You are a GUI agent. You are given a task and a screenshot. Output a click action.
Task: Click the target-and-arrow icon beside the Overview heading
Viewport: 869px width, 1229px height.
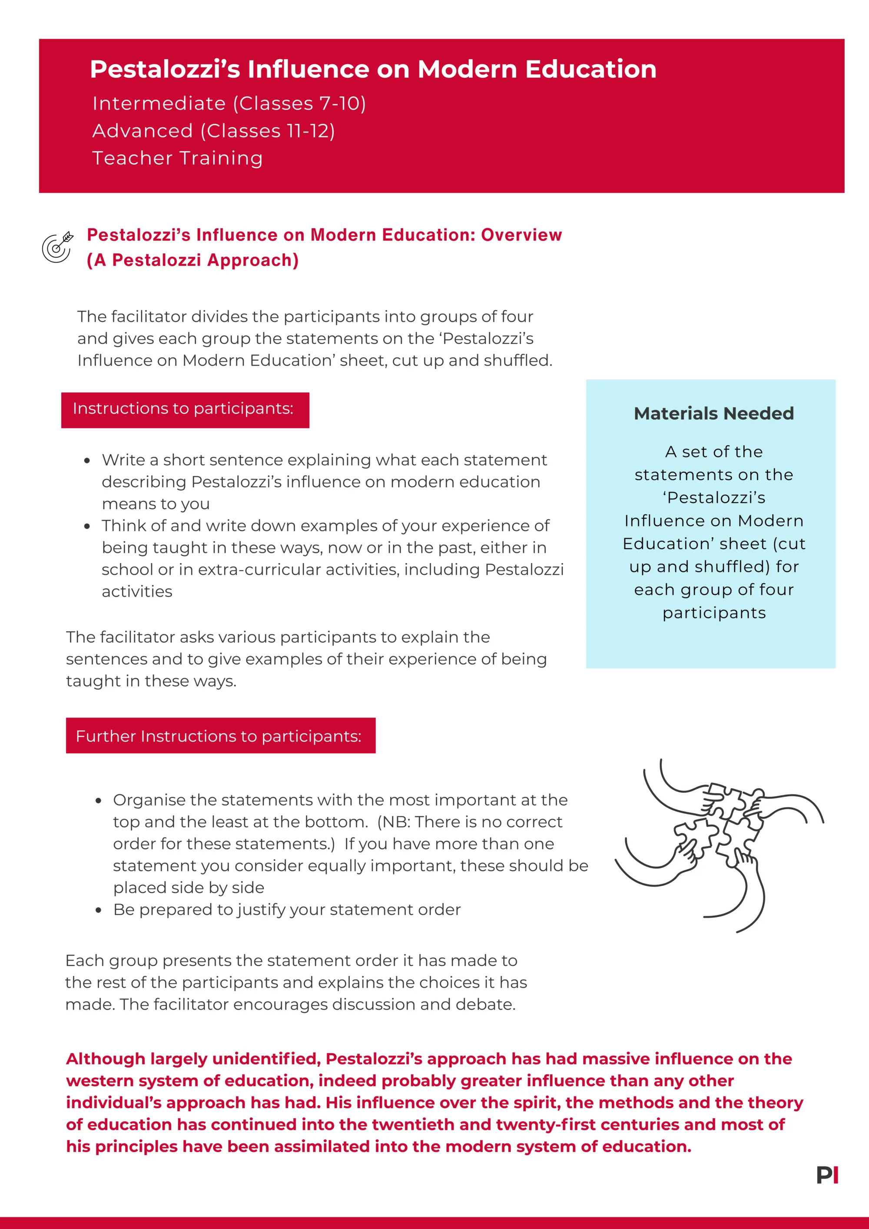pyautogui.click(x=57, y=247)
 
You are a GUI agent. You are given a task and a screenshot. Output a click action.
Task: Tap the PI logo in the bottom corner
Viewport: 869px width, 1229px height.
pyautogui.click(x=827, y=1175)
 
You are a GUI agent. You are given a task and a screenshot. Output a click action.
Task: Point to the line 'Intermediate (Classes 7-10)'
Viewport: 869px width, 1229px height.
pyautogui.click(x=229, y=103)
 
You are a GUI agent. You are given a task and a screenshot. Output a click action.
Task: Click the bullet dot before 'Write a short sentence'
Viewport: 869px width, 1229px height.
pyautogui.click(x=87, y=460)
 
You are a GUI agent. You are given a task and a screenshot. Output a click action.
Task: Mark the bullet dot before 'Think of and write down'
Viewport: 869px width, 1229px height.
pyautogui.click(x=87, y=526)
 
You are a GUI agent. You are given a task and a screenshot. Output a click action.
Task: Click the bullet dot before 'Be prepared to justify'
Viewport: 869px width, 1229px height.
pyautogui.click(x=98, y=910)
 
